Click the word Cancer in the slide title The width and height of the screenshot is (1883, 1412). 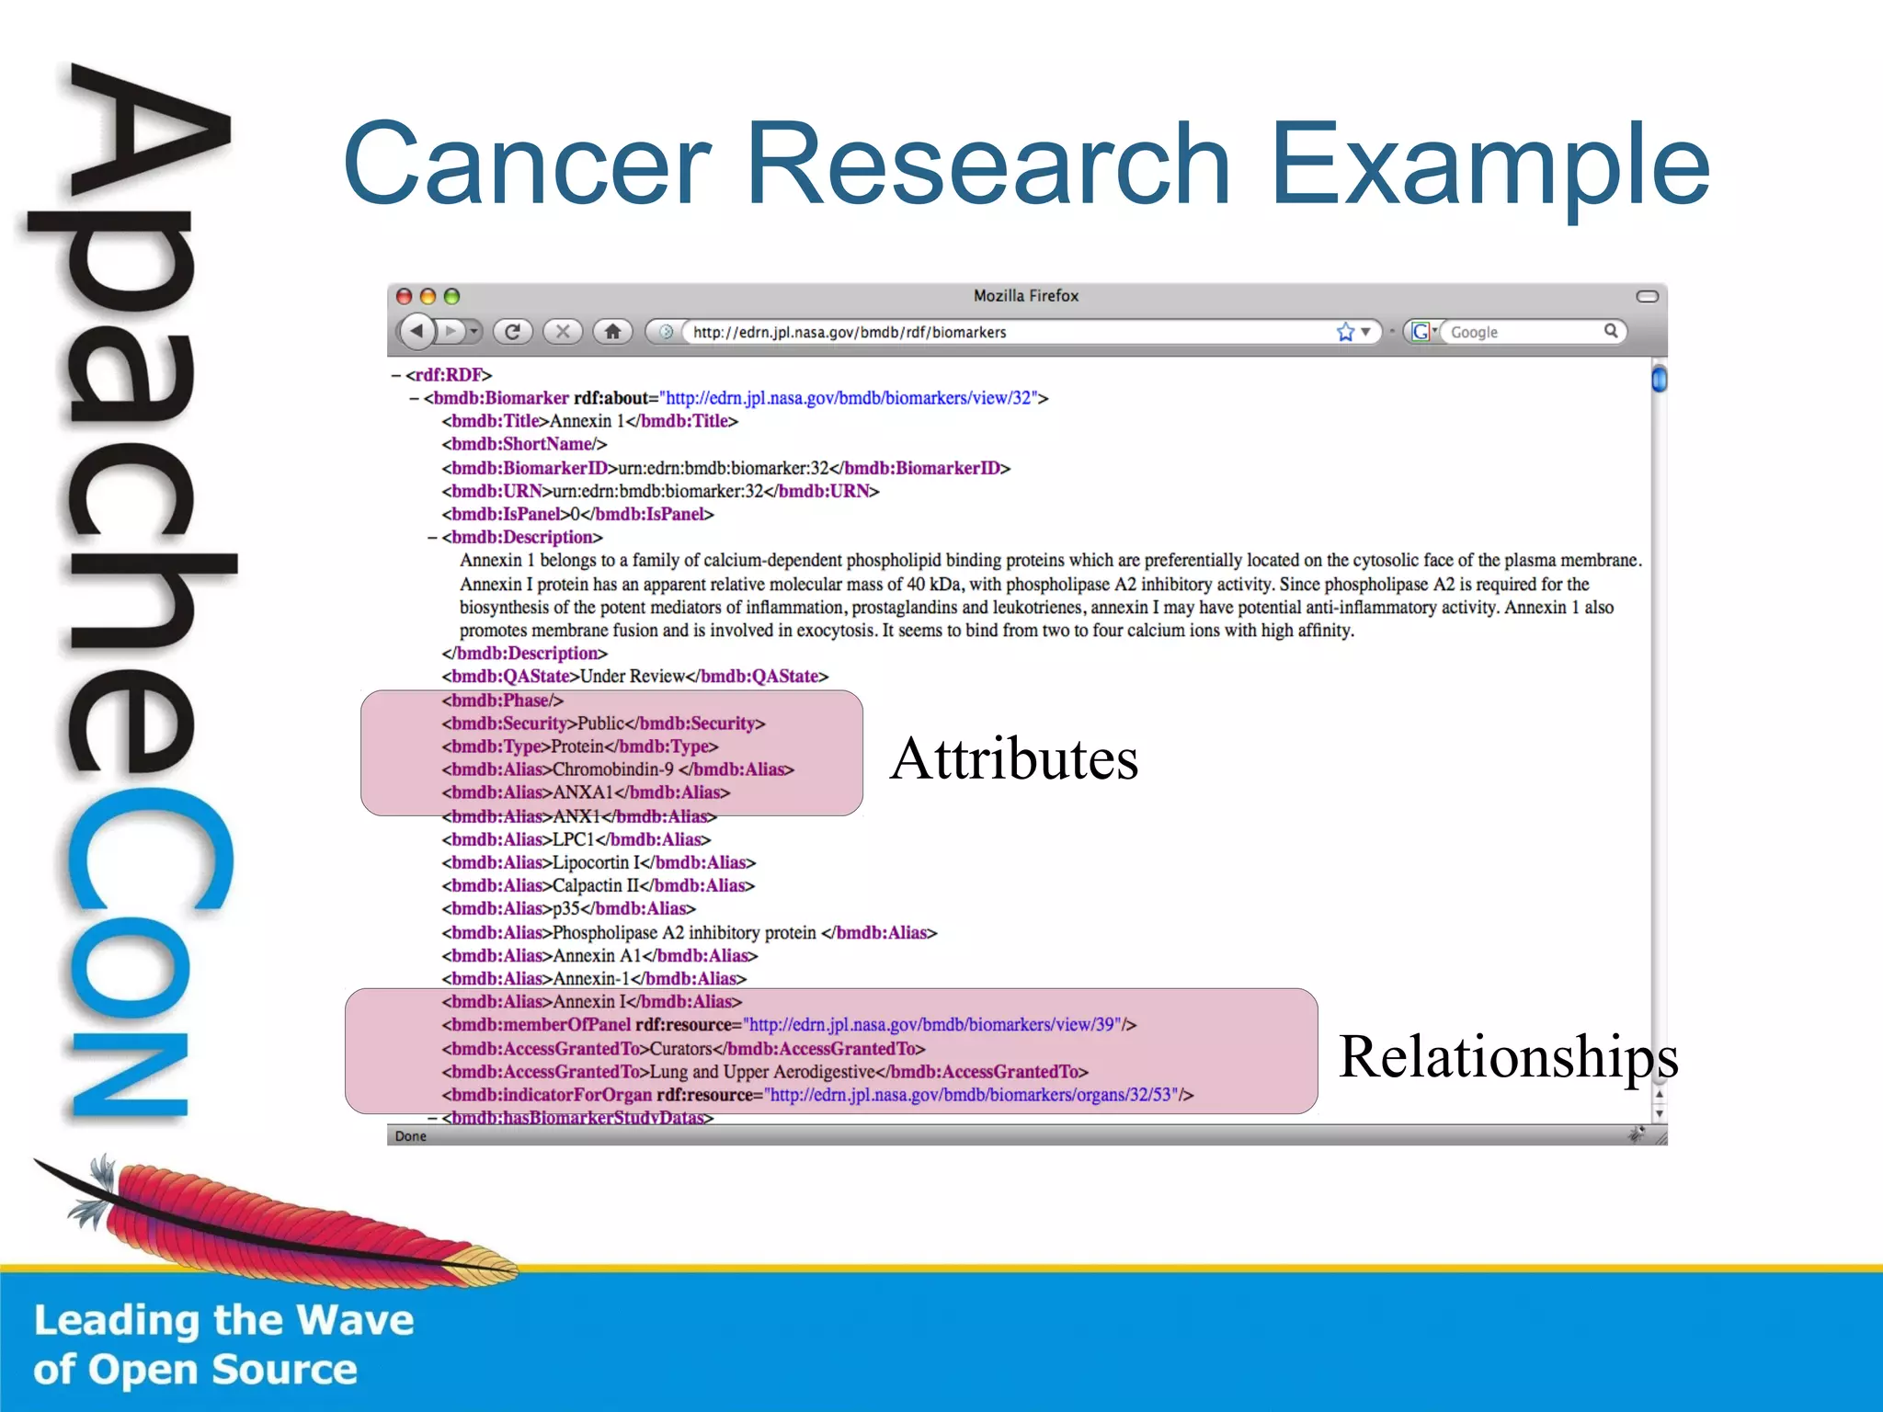pos(527,165)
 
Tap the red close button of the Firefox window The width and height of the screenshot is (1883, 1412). pos(404,296)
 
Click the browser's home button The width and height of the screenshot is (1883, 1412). pos(612,331)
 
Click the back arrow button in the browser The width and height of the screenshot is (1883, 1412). pos(417,331)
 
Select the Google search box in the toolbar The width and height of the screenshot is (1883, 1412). pos(1522,332)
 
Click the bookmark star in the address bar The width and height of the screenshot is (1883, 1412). pos(1345,332)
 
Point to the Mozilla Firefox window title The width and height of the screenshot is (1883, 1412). pos(1025,296)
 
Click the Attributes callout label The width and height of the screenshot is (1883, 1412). pos(1014,759)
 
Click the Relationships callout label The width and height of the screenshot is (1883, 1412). pos(1508,1056)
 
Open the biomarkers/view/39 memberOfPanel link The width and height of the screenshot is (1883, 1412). pos(933,1025)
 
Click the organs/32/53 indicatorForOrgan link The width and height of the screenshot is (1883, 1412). pos(973,1095)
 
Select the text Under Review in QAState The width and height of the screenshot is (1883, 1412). pos(633,677)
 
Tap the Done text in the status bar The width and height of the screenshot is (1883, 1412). pos(410,1136)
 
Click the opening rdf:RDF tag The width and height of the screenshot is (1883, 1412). pos(448,375)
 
